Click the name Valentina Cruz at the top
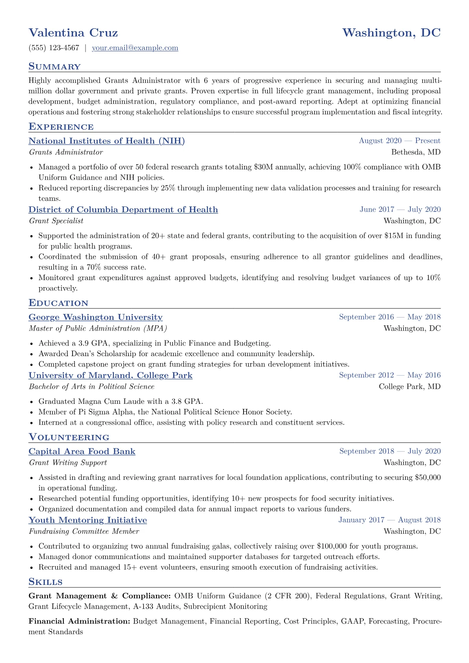click(x=73, y=33)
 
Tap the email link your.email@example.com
click(x=135, y=48)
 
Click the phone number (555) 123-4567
click(x=54, y=48)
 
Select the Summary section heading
click(x=54, y=67)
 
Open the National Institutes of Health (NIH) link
click(x=106, y=141)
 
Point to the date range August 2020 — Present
click(x=399, y=141)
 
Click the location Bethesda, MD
click(x=416, y=152)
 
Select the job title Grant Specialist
click(x=56, y=221)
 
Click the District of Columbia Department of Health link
click(x=123, y=210)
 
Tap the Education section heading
click(x=58, y=303)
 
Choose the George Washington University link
click(x=95, y=317)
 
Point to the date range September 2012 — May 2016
click(x=389, y=375)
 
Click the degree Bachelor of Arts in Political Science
click(x=91, y=387)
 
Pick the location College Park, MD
click(x=409, y=387)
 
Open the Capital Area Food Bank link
click(x=82, y=451)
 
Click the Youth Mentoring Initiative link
click(x=87, y=520)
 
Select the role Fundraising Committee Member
click(x=84, y=531)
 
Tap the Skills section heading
click(x=45, y=582)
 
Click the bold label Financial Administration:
click(x=79, y=621)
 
